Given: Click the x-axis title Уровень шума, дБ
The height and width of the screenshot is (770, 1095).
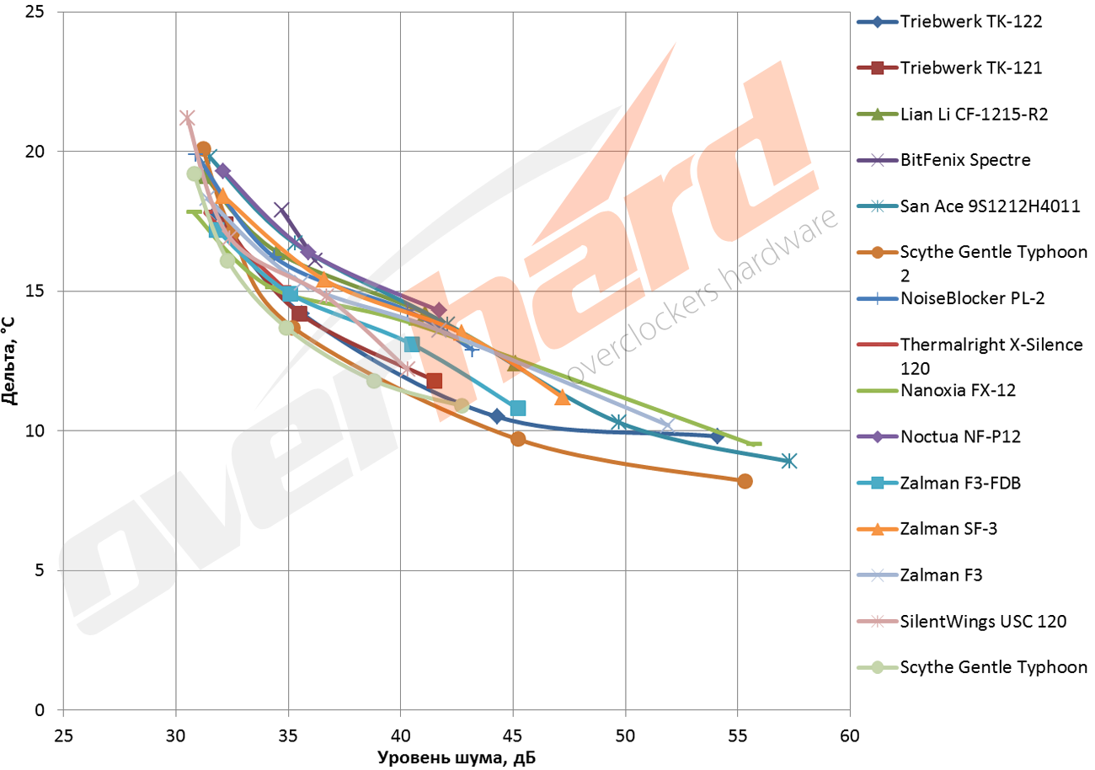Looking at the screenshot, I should pyautogui.click(x=456, y=757).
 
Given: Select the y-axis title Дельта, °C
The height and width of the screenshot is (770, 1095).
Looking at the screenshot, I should pyautogui.click(x=13, y=361).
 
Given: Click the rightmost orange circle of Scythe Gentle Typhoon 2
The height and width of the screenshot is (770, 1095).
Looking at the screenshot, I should pyautogui.click(x=745, y=481).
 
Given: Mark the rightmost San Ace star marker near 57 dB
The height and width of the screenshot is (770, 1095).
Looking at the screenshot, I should pyautogui.click(x=788, y=461).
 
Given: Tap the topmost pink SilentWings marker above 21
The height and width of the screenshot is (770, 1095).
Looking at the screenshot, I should pyautogui.click(x=187, y=118).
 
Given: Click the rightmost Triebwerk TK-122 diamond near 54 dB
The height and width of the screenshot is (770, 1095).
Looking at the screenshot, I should pyautogui.click(x=717, y=436).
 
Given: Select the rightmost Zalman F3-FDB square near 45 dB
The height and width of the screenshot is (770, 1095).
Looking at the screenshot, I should pyautogui.click(x=518, y=409).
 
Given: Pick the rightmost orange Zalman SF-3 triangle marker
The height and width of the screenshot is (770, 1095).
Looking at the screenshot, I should pyautogui.click(x=563, y=398).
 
